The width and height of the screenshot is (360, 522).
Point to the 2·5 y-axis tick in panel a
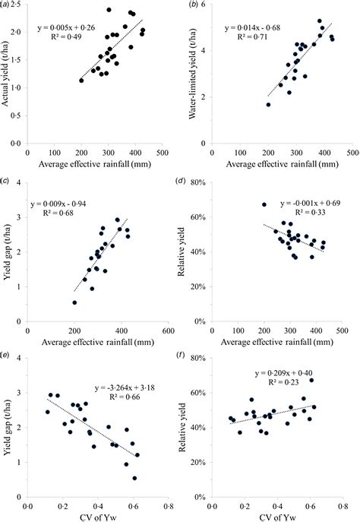pyautogui.click(x=17, y=7)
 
